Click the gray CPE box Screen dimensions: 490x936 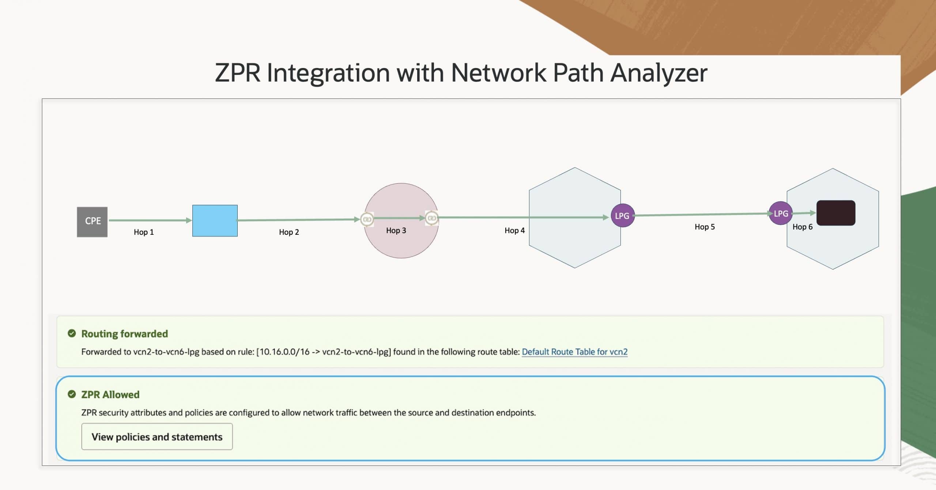92,222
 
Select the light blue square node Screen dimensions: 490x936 215,220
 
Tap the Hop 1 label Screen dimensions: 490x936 144,232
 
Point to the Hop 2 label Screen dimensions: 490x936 289,232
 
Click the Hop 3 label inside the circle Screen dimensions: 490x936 396,231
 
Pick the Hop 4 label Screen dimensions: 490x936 514,230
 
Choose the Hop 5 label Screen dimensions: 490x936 705,227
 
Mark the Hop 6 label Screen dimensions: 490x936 802,227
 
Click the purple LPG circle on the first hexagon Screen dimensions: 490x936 622,216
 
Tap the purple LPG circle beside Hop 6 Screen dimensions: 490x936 781,214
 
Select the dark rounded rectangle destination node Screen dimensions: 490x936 835,213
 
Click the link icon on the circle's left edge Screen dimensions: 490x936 367,219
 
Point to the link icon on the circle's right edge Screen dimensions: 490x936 431,218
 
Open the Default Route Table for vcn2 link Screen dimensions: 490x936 574,352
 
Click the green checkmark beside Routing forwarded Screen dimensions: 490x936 72,333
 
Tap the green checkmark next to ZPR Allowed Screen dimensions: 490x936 72,394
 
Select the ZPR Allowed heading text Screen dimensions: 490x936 110,395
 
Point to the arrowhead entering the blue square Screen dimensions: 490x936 189,220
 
